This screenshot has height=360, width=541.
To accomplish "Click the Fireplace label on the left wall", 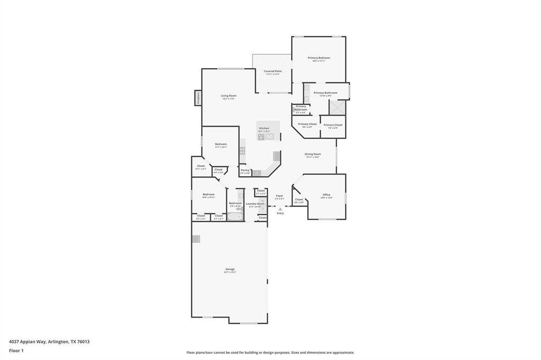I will [x=198, y=98].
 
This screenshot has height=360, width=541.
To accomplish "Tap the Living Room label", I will [x=228, y=96].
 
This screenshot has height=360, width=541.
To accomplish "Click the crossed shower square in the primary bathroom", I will [x=337, y=107].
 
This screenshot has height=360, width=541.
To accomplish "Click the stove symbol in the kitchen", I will [x=242, y=150].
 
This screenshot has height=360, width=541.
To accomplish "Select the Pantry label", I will [x=245, y=170].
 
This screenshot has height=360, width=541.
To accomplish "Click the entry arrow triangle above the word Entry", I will [x=280, y=209].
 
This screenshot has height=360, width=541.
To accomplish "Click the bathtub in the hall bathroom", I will [x=236, y=216].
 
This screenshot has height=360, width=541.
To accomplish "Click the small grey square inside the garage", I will [x=196, y=239].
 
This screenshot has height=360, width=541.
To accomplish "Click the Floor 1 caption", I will [x=16, y=350].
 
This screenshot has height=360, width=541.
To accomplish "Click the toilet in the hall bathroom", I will [x=240, y=196].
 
